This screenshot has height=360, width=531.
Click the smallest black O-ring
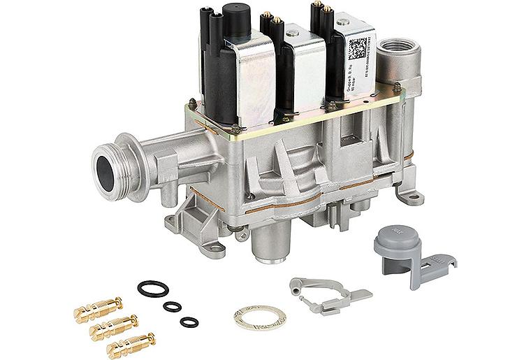click(x=189, y=322)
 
